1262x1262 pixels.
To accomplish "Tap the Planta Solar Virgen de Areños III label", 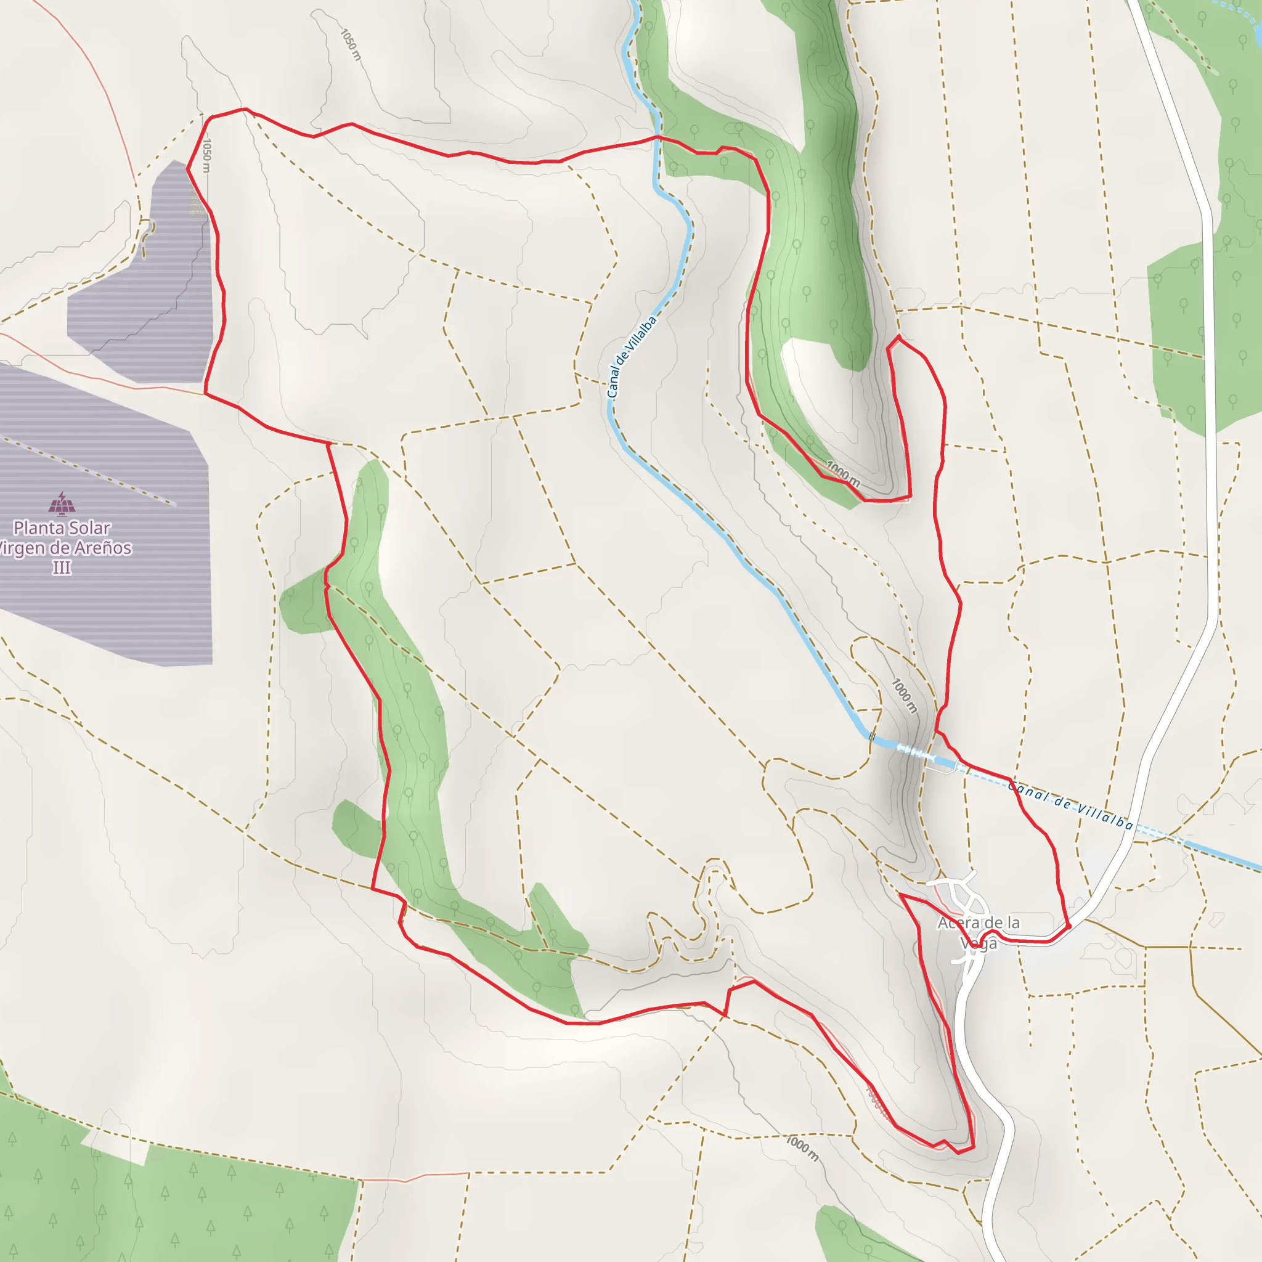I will click(x=63, y=547).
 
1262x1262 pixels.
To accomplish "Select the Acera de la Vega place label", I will click(x=978, y=932).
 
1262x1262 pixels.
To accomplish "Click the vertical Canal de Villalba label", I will click(x=630, y=357).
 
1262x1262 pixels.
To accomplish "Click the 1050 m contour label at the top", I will click(x=351, y=44).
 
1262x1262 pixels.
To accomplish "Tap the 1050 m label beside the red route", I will click(x=206, y=155).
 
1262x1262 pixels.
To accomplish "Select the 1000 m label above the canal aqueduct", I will click(x=905, y=696).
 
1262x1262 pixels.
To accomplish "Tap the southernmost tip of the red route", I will click(x=959, y=1153).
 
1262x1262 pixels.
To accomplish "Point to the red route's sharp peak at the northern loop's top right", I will click(x=899, y=336).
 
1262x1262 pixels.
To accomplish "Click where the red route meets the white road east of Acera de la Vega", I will click(x=1069, y=926).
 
